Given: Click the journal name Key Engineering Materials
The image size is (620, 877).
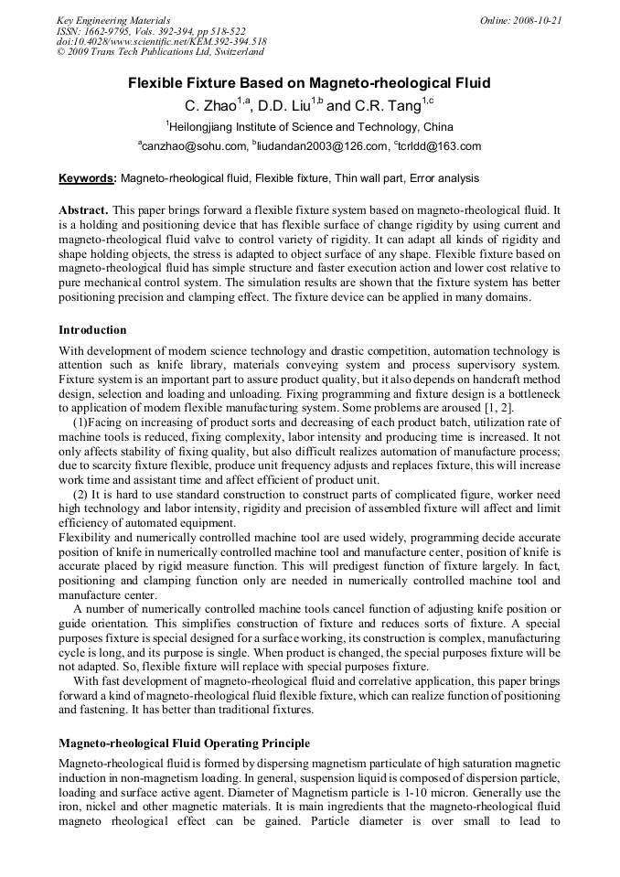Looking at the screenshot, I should pyautogui.click(x=112, y=20).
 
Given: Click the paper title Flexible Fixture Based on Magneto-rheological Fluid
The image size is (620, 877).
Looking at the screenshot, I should pyautogui.click(x=309, y=83).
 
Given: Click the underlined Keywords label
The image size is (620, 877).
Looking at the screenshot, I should pyautogui.click(x=88, y=178).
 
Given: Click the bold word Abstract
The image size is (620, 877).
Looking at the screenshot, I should pyautogui.click(x=84, y=209).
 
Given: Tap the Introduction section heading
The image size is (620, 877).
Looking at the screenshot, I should pyautogui.click(x=92, y=330).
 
